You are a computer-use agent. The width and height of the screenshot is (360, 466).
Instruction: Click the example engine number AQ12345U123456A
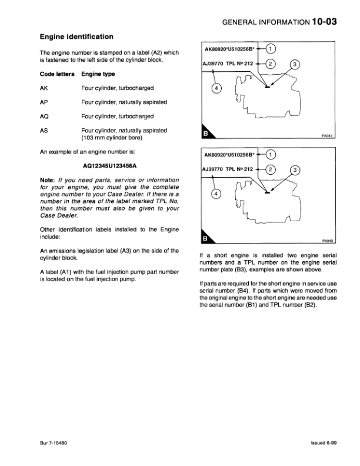click(x=109, y=167)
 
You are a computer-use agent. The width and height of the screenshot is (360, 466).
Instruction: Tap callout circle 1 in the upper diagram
click(x=271, y=49)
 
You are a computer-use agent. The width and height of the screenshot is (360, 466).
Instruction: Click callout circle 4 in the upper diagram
click(x=216, y=89)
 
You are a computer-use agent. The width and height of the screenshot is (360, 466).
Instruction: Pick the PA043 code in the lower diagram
click(x=328, y=241)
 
